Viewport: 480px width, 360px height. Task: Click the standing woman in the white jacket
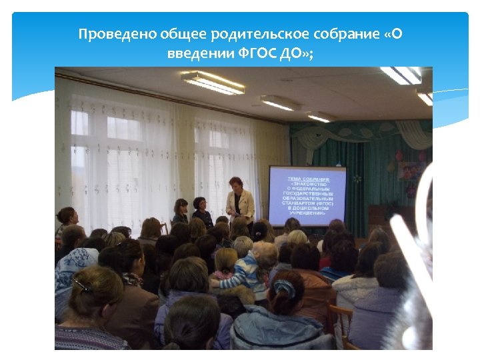[x=239, y=200]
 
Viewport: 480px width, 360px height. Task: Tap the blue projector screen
[x=307, y=195]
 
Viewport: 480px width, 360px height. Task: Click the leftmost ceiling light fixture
[x=213, y=83]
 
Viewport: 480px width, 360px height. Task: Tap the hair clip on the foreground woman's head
[x=82, y=285]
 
